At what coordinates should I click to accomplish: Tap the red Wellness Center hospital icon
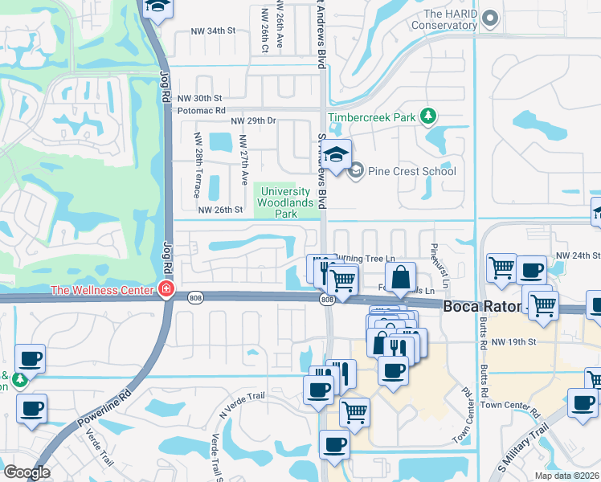(166, 289)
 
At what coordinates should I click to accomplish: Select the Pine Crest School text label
(410, 171)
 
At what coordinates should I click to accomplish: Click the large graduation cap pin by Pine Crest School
(337, 153)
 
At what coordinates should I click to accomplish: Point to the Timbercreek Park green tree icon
(428, 117)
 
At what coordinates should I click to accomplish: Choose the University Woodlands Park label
(282, 202)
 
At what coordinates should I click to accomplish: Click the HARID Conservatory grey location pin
(492, 18)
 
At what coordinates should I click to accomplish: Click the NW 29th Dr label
(253, 120)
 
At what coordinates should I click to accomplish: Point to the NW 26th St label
(219, 210)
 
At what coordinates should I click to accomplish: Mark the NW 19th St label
(513, 341)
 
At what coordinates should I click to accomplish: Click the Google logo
(27, 472)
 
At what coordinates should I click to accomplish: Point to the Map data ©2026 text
(566, 476)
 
